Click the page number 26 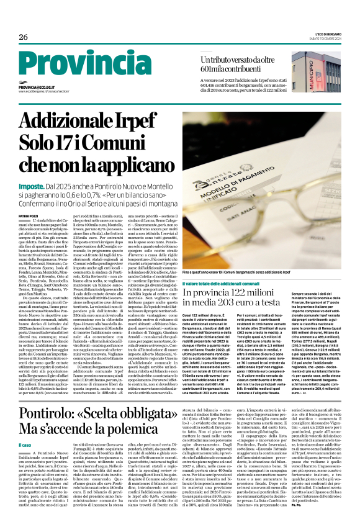pos(23,37)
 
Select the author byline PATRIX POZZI pos(29,215)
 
